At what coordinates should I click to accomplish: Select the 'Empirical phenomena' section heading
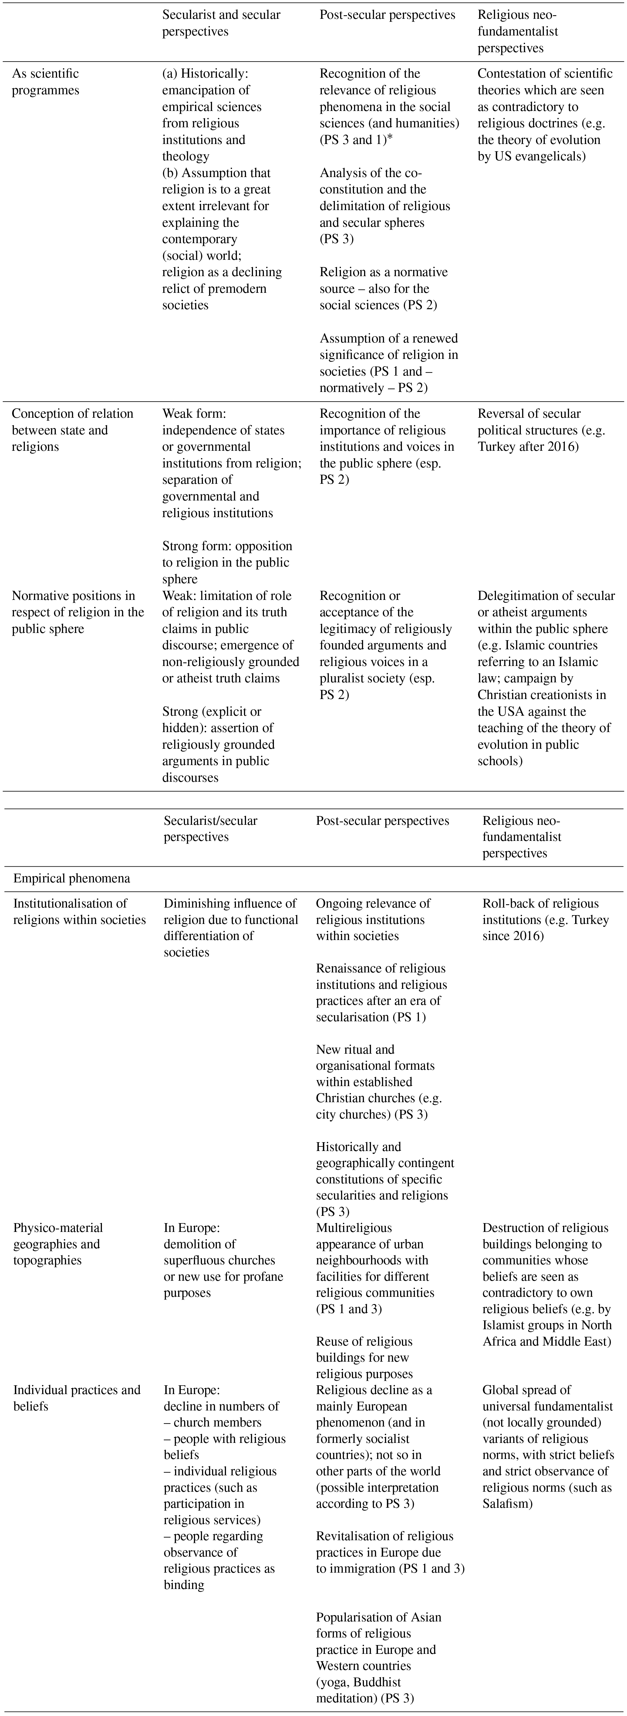pos(71,878)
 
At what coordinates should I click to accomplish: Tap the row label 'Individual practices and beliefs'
pos(77,1398)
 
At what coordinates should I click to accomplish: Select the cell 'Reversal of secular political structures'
pos(541,430)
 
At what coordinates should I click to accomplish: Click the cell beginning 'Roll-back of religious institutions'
pos(545,919)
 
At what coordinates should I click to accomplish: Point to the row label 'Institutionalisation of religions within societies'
pos(79,911)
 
